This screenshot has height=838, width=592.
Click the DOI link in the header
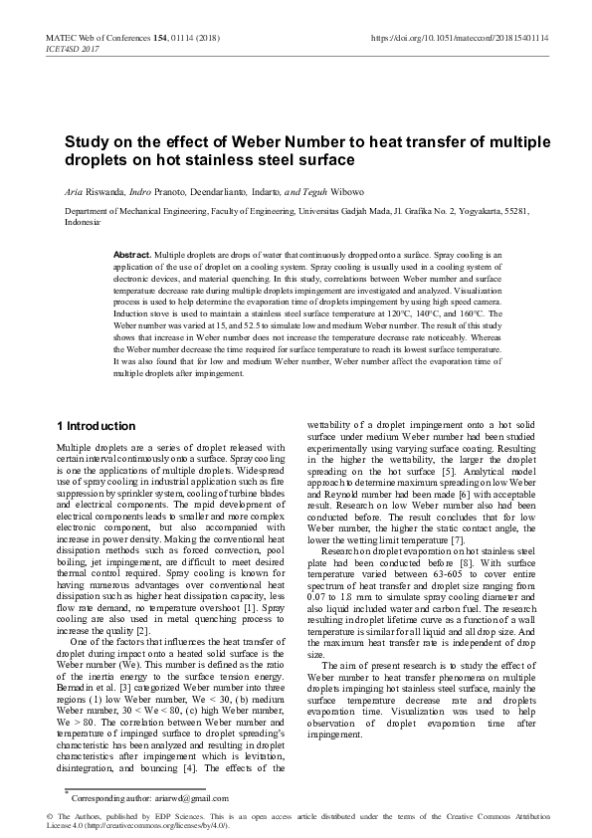(460, 37)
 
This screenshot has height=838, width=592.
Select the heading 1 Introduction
(97, 426)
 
